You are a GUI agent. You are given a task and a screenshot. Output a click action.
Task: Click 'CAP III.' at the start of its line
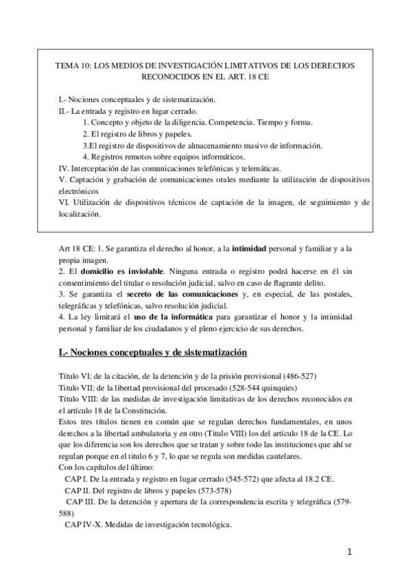[x=82, y=502]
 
